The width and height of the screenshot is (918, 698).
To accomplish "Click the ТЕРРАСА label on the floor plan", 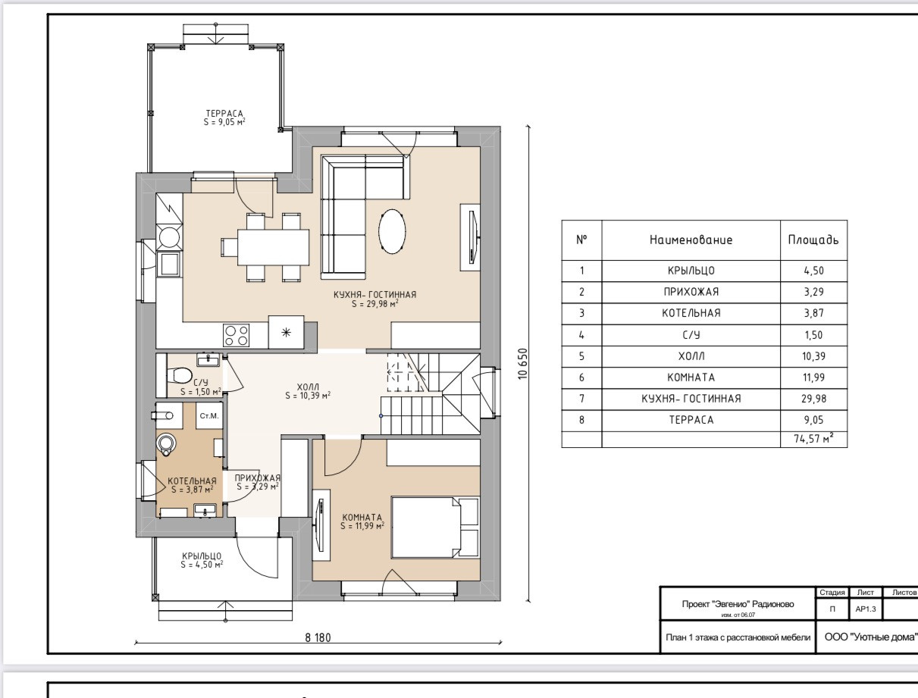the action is coord(224,113).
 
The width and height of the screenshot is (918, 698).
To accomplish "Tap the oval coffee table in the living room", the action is coord(392,231).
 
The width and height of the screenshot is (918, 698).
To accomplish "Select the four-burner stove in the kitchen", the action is coord(237,336).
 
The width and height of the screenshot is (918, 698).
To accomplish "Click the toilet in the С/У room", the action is coord(179,375).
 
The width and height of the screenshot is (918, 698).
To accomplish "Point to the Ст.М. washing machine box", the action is coord(209,416).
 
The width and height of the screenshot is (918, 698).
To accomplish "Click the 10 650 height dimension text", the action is coord(523,364).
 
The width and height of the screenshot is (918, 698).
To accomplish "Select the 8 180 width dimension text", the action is coord(318,637).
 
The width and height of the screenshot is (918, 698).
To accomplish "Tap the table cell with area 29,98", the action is coord(813,399).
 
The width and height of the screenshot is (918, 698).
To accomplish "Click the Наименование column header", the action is coord(691,240).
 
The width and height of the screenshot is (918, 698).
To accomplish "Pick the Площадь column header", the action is coord(813,240).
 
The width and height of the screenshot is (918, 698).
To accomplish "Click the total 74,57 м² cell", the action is coord(813,440).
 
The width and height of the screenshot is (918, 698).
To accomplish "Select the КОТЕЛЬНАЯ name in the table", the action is coord(691,313).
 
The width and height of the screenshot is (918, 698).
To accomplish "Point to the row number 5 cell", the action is coord(581,356).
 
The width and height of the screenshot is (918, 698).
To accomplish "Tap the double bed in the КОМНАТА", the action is coord(435,527).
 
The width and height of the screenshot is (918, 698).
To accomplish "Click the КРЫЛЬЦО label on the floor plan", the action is coord(202,556).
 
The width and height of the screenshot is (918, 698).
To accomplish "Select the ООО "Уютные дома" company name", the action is coord(871,637).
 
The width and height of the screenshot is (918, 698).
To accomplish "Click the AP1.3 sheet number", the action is coord(865,609).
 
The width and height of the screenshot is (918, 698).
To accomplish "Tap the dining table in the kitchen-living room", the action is coord(274,247).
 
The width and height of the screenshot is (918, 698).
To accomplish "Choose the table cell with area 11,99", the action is coord(813,377).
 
